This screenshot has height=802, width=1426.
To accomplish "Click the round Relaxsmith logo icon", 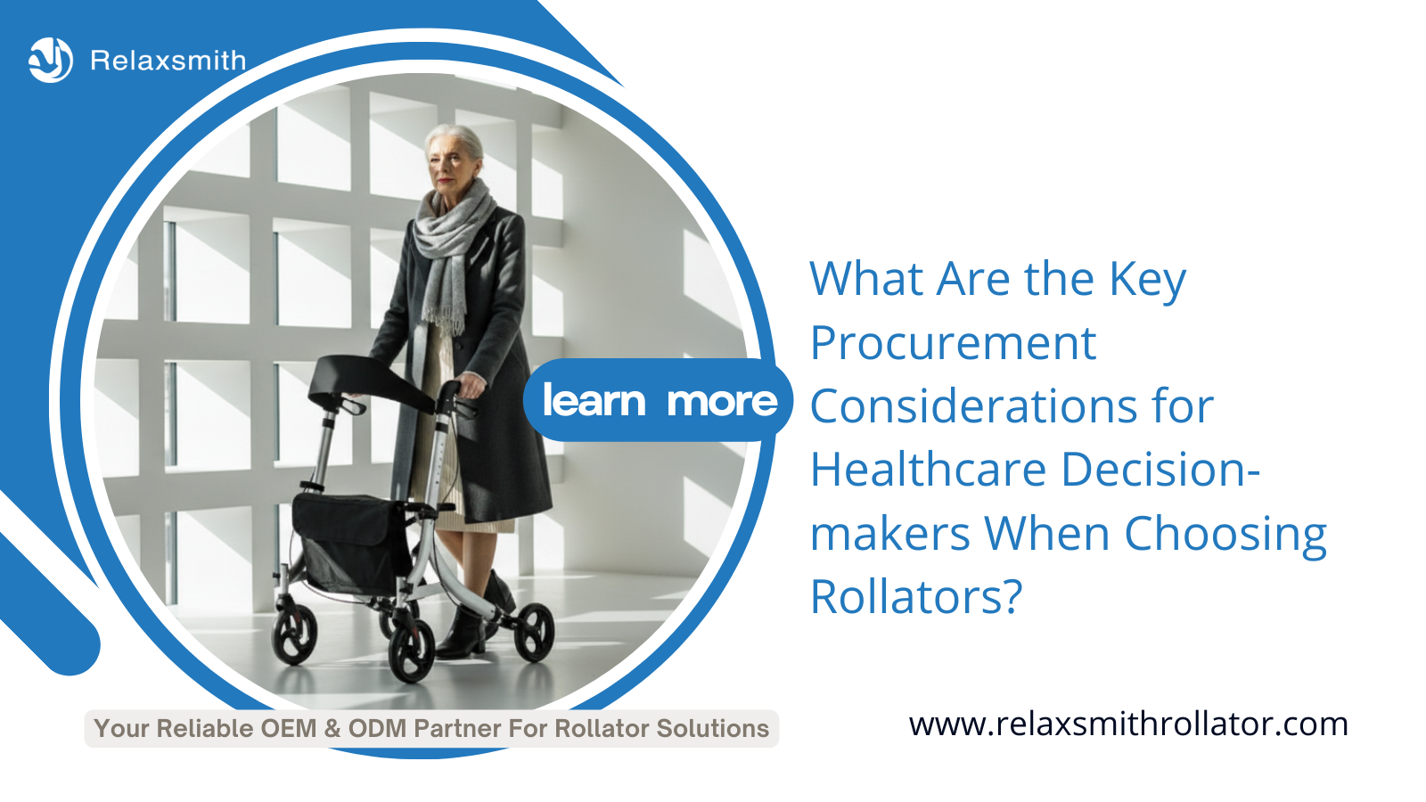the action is pyautogui.click(x=51, y=60).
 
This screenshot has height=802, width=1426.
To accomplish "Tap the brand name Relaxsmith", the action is pyautogui.click(x=168, y=61).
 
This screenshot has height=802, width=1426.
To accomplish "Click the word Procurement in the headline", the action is pyautogui.click(x=953, y=344).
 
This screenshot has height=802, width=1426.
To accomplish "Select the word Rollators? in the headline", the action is pyautogui.click(x=916, y=596).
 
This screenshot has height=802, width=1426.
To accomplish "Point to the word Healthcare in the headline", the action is pyautogui.click(x=928, y=470).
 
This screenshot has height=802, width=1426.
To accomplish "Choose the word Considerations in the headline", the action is pyautogui.click(x=972, y=406).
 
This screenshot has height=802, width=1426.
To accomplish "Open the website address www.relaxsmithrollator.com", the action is pyautogui.click(x=1128, y=724).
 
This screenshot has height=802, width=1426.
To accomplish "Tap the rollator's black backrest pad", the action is pyautogui.click(x=370, y=382).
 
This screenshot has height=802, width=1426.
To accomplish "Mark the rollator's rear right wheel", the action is pyautogui.click(x=534, y=632).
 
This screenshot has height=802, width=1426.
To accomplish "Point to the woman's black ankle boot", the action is pyautogui.click(x=463, y=634).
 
